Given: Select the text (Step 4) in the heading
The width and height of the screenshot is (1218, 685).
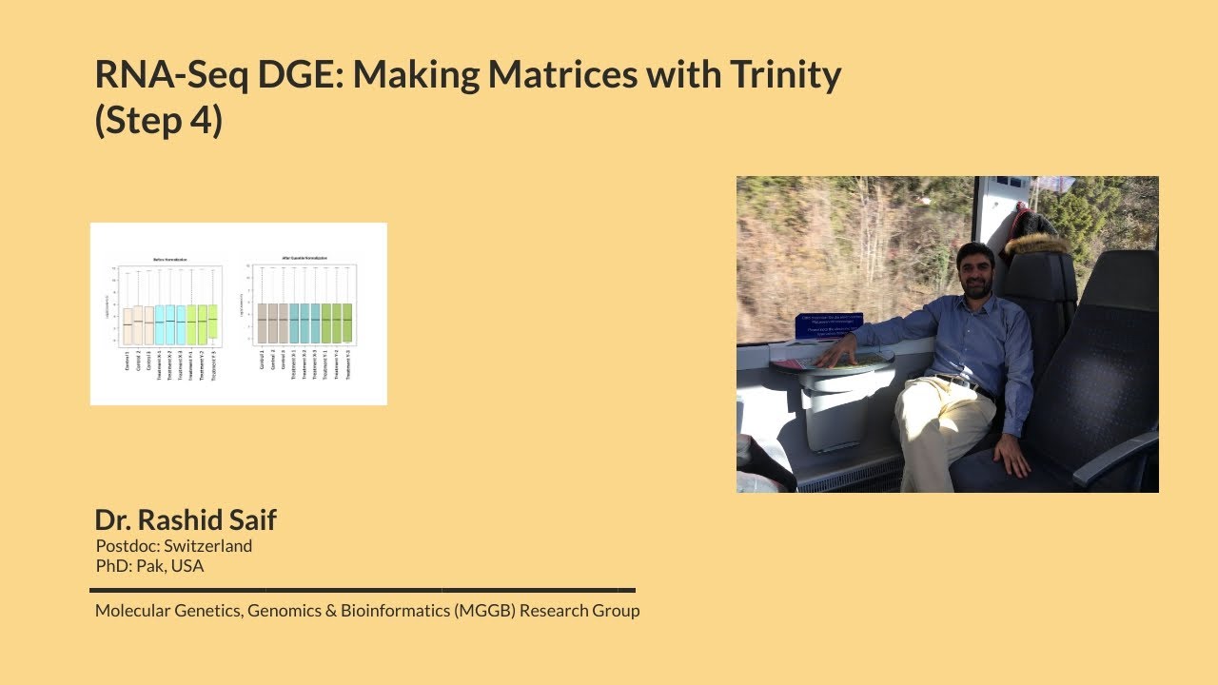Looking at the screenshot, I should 158,121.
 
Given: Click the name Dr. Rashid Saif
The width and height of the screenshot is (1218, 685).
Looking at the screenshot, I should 186,519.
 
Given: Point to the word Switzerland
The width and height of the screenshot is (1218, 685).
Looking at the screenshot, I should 207,546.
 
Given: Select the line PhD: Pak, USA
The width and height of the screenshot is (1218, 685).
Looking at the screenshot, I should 149,566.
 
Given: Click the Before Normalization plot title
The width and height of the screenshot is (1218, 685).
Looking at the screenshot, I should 170,260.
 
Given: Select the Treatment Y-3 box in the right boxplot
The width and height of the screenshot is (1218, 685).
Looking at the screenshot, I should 348,323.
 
